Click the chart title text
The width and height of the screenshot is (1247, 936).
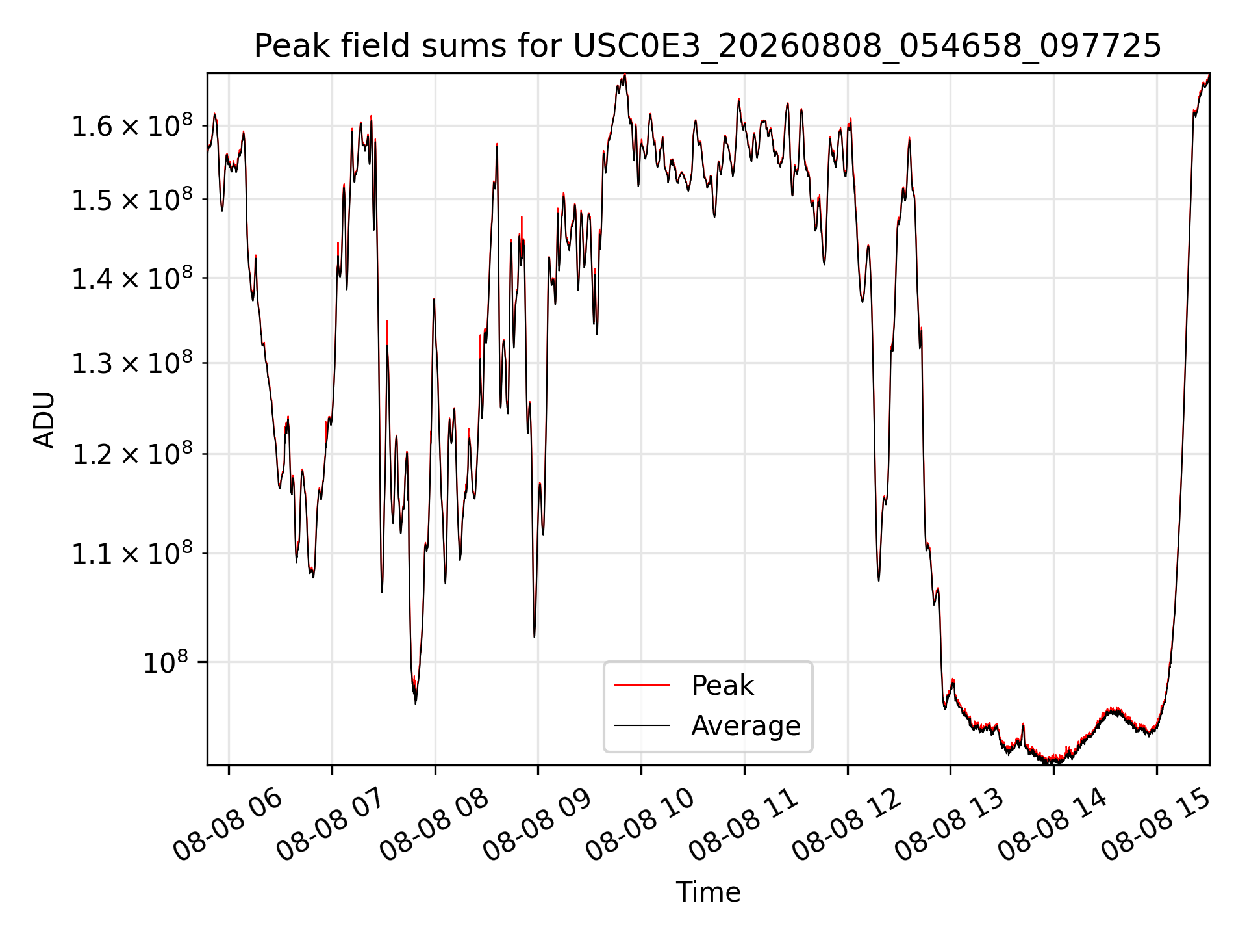(707, 46)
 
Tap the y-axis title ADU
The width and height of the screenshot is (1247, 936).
(44, 420)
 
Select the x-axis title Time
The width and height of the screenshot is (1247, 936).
(708, 892)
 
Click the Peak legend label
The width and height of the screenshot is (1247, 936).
(722, 686)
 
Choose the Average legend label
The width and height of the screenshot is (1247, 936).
(746, 726)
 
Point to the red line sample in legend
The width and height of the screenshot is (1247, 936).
(642, 685)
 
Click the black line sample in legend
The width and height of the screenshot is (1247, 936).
(642, 725)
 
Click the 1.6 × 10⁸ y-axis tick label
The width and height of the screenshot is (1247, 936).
(132, 125)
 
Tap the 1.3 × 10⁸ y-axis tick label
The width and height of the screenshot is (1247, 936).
(132, 363)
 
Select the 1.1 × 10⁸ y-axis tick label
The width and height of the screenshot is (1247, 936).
(132, 554)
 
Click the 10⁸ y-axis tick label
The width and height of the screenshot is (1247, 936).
(166, 662)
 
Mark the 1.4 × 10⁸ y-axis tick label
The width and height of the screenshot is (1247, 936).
(132, 278)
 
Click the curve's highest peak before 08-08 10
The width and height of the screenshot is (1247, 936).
(624, 75)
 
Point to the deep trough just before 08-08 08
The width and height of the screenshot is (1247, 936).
(416, 703)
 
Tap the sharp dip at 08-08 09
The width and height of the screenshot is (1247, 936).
(535, 636)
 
